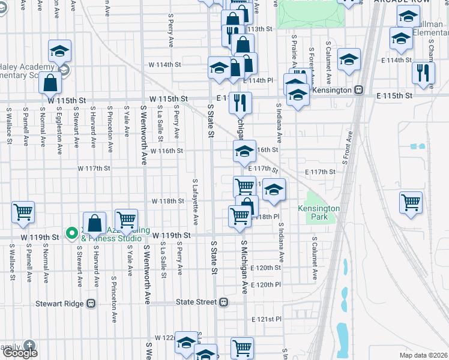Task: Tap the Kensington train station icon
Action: (x=359, y=89)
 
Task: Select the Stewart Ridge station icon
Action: (x=91, y=304)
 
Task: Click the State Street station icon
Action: (x=223, y=302)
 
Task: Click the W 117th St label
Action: (x=94, y=169)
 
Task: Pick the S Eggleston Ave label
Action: (x=60, y=132)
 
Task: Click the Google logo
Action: (x=21, y=353)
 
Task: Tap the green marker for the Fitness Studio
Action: (x=71, y=232)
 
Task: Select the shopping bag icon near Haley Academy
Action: (x=50, y=83)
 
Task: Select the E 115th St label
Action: (x=395, y=96)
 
